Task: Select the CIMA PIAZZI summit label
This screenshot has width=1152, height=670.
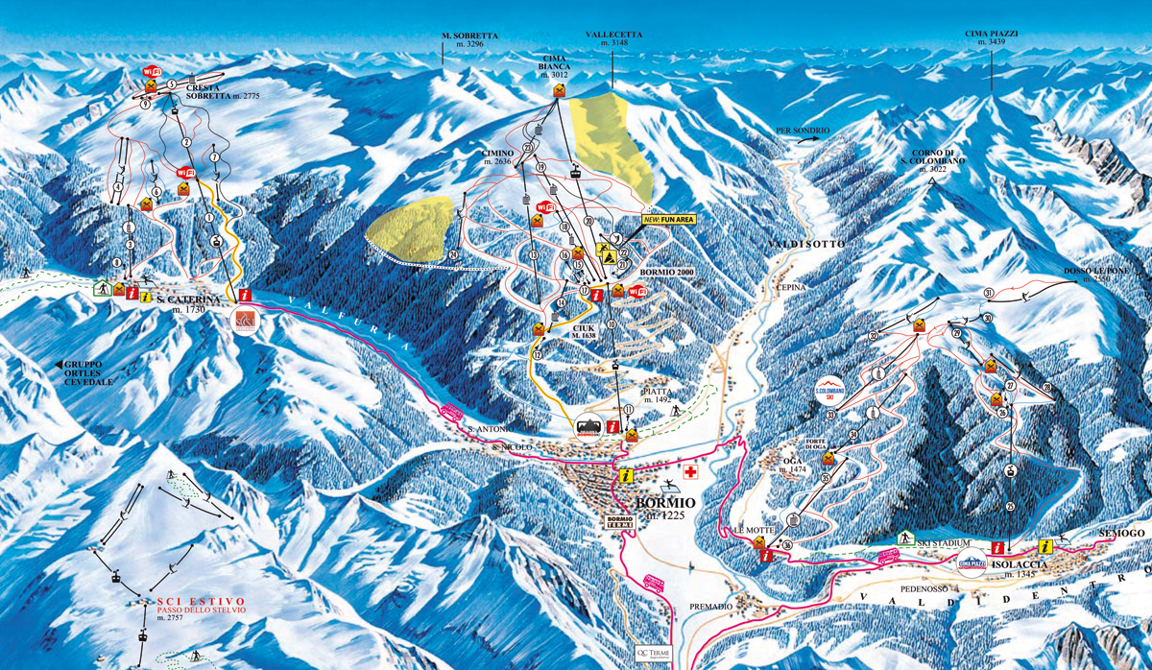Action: (x=992, y=37)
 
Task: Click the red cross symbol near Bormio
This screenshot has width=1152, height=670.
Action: (x=688, y=472)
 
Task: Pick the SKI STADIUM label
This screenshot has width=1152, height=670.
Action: (x=939, y=544)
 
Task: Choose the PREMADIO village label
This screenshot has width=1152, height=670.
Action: (x=711, y=608)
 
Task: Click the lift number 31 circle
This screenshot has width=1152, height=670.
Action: (x=989, y=292)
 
